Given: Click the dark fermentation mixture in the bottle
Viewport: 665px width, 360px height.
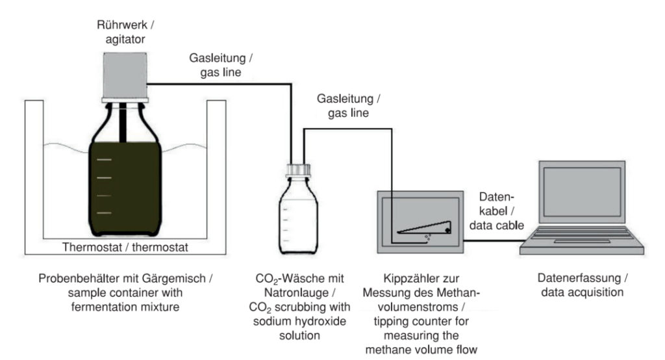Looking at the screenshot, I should [125, 188].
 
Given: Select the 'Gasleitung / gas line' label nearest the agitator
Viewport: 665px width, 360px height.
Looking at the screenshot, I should [222, 65].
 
